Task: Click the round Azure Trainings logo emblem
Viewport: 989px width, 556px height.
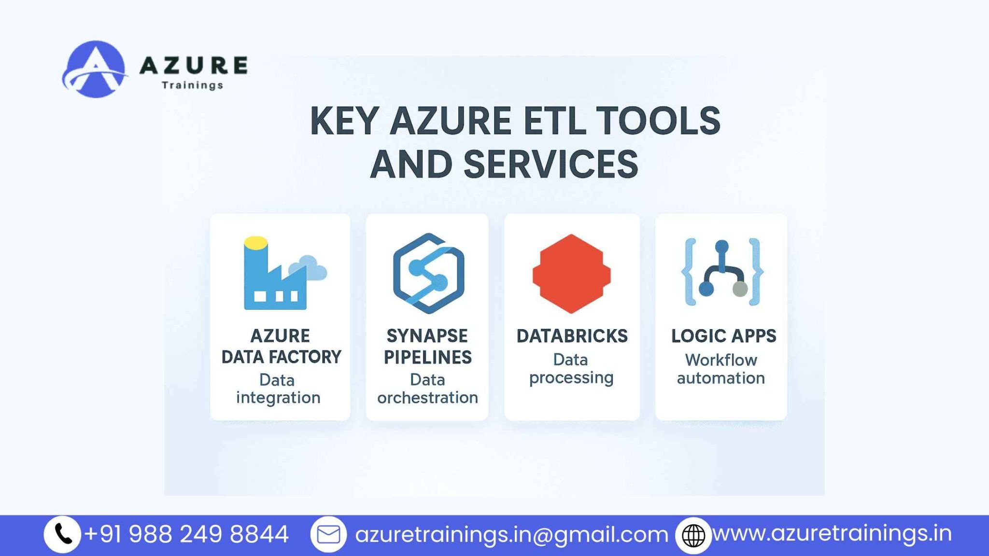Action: click(95, 69)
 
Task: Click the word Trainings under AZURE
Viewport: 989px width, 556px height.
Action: click(192, 85)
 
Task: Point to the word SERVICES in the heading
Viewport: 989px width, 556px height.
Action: click(551, 164)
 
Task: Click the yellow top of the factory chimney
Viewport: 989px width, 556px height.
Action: click(255, 242)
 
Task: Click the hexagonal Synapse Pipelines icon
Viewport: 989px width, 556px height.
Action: click(428, 273)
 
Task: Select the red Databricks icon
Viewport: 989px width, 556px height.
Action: click(571, 274)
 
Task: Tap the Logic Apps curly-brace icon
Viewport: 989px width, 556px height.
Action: click(722, 272)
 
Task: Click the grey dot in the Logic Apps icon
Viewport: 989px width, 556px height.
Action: click(740, 289)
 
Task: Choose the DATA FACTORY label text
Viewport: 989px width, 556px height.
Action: click(281, 357)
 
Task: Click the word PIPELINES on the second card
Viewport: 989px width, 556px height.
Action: click(427, 357)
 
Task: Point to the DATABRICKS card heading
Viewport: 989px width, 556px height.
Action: click(572, 336)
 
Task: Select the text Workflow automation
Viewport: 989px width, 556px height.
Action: click(721, 369)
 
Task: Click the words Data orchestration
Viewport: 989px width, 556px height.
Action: click(427, 389)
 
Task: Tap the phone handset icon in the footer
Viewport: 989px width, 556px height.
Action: click(63, 534)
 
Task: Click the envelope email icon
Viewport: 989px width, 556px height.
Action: click(328, 535)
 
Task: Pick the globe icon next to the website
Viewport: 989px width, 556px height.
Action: click(693, 535)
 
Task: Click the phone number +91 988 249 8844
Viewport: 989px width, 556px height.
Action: click(186, 534)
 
